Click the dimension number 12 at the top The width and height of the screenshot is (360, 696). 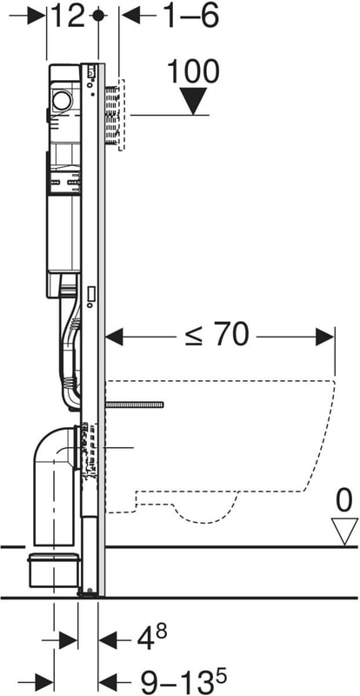pos(68,16)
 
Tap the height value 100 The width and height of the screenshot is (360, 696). pos(193,71)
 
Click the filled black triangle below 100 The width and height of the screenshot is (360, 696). pos(194,101)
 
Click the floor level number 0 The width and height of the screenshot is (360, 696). pos(343,502)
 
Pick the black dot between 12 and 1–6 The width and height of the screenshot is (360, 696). pos(98,16)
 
